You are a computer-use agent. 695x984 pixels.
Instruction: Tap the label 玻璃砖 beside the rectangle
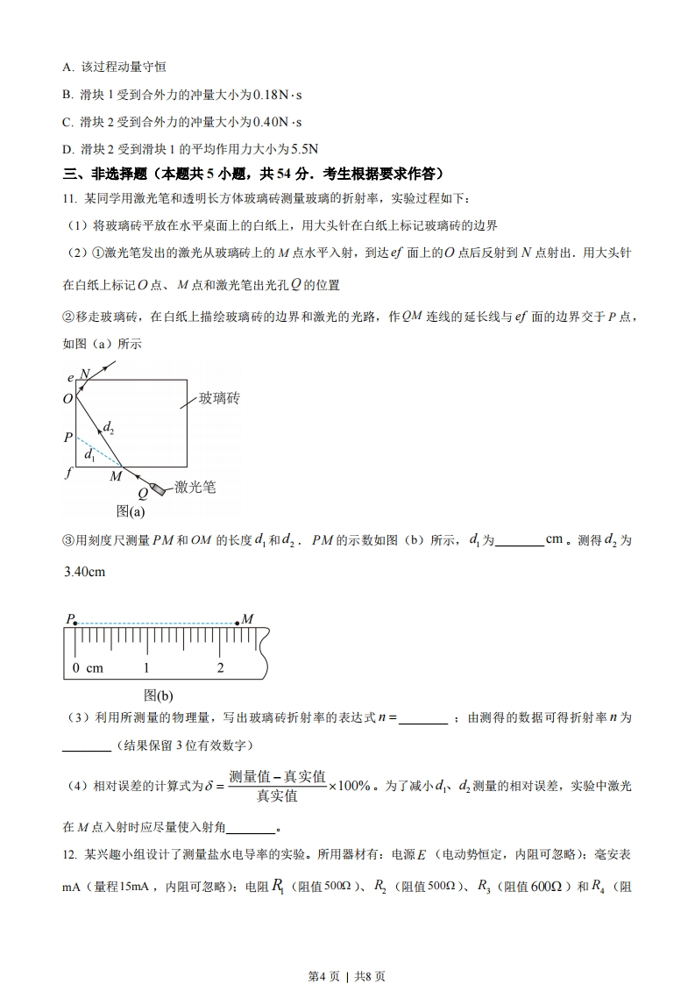(x=219, y=398)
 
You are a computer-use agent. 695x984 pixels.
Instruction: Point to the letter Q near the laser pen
(x=142, y=494)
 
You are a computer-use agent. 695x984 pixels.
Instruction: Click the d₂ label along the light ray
(x=109, y=428)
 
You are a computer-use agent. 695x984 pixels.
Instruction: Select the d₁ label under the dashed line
(x=89, y=456)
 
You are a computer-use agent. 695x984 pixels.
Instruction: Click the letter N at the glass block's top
(x=85, y=374)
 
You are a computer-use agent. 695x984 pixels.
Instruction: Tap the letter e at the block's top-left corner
(x=70, y=377)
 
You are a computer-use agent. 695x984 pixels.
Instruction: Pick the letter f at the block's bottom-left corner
(x=68, y=471)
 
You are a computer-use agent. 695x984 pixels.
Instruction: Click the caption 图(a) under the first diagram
(x=131, y=511)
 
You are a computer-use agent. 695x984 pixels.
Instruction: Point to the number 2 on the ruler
(x=220, y=667)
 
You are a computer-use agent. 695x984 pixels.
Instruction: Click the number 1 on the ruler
(x=146, y=667)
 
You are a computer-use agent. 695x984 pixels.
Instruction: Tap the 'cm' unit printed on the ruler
(x=94, y=667)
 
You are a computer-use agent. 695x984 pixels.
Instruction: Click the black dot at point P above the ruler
(x=76, y=624)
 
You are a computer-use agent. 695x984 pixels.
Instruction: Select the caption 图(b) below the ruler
(x=159, y=695)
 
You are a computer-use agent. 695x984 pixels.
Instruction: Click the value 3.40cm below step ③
(x=85, y=572)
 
